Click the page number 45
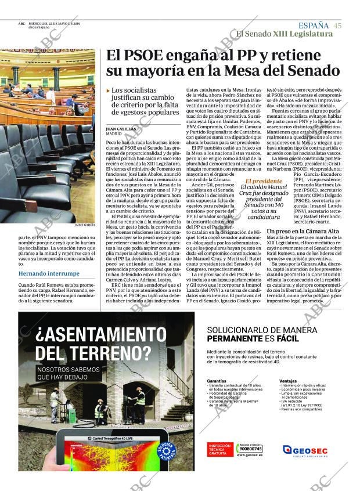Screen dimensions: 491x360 point(337,26)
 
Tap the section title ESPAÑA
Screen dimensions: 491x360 point(313,26)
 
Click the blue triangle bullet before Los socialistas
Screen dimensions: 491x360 point(108,91)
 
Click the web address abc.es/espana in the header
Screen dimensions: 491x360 point(38,28)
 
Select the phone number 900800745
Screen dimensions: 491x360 point(251,449)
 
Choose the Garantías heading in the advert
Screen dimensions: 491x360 point(216,381)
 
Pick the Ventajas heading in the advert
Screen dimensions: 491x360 point(287,381)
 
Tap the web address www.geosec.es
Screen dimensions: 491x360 point(251,456)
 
